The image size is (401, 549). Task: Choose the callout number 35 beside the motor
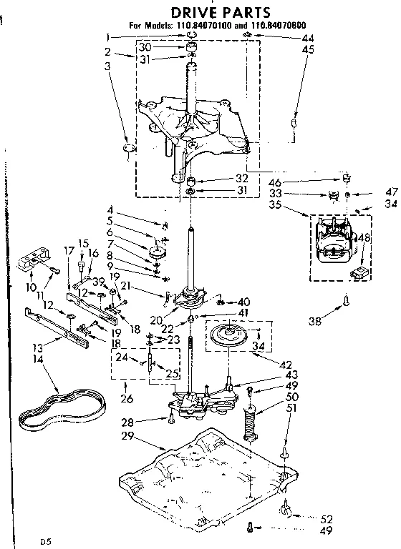point(276,206)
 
